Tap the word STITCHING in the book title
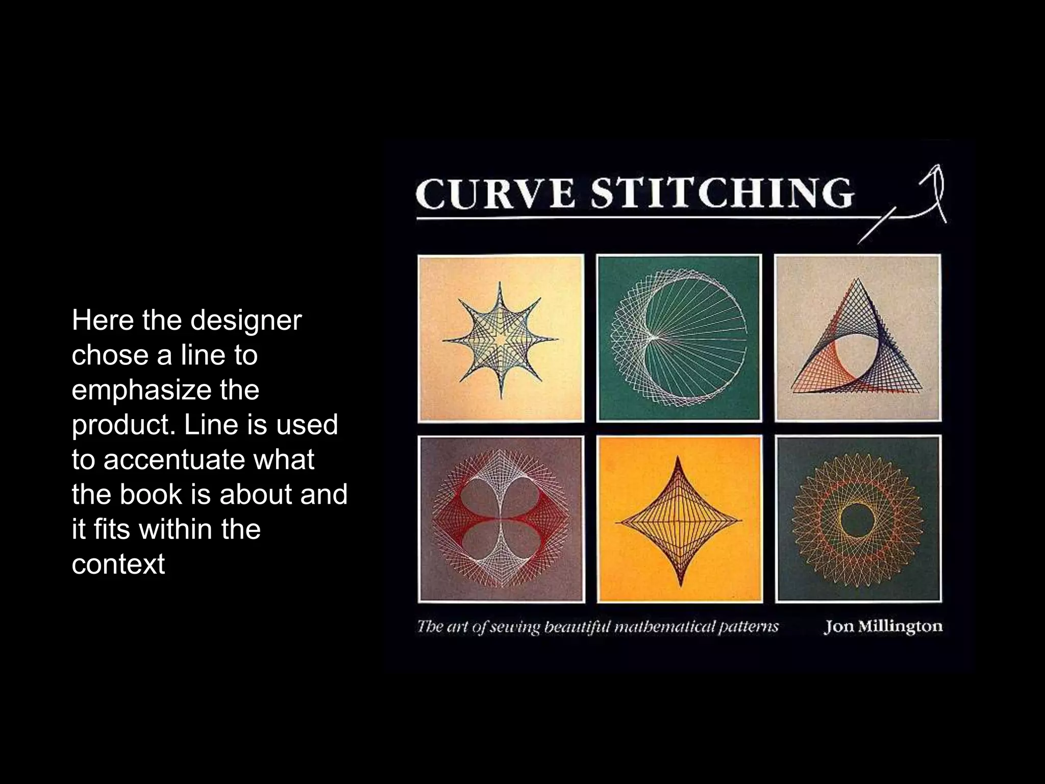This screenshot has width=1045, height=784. pyautogui.click(x=721, y=193)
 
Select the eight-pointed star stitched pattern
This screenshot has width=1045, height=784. pyautogui.click(x=501, y=339)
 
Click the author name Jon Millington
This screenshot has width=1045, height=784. pyautogui.click(x=883, y=626)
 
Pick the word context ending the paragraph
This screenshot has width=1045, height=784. pyautogui.click(x=118, y=564)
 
